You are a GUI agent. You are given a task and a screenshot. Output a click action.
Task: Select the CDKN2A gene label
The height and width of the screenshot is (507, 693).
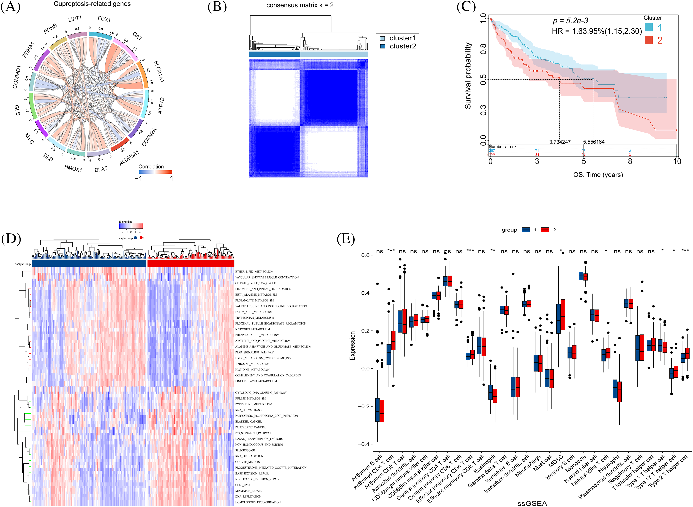(149, 137)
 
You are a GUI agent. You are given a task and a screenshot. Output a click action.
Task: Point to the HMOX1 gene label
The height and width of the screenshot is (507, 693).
(73, 168)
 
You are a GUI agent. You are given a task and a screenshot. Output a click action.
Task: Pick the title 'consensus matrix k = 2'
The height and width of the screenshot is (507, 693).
(300, 5)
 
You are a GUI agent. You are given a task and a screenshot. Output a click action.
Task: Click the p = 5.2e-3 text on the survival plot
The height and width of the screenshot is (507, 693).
(570, 21)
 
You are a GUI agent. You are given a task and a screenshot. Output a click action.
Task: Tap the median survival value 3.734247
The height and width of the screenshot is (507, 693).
(560, 142)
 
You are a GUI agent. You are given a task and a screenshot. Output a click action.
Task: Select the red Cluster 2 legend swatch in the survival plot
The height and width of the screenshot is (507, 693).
(649, 40)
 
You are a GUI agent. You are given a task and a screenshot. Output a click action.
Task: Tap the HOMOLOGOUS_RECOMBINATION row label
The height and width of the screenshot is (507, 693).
(258, 502)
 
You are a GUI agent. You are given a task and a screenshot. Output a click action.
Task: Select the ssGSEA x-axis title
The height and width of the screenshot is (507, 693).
(532, 503)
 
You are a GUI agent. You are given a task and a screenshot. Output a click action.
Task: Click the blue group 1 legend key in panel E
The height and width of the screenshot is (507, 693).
(526, 230)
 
